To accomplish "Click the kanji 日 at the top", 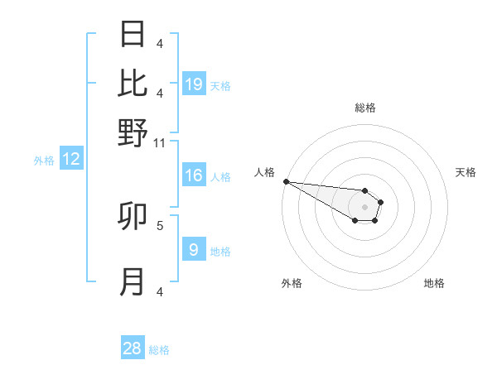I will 133,35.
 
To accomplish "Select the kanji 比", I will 133,83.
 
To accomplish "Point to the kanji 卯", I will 133,217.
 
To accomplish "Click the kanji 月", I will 133,282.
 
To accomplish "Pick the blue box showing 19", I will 194,84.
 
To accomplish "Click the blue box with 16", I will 194,175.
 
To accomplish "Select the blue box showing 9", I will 194,250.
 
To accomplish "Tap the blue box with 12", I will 71,160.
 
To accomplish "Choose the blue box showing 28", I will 133,348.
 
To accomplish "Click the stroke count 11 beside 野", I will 160,143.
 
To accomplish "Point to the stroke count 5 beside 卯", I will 160,224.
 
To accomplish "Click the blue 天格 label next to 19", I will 220,85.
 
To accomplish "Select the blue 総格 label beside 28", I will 159,350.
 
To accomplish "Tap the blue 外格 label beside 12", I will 44,161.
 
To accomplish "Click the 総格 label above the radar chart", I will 364,108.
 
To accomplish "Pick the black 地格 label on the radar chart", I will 434,283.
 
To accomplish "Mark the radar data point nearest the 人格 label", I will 286,181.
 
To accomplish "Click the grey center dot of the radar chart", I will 364,207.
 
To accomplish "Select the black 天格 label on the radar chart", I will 466,172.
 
